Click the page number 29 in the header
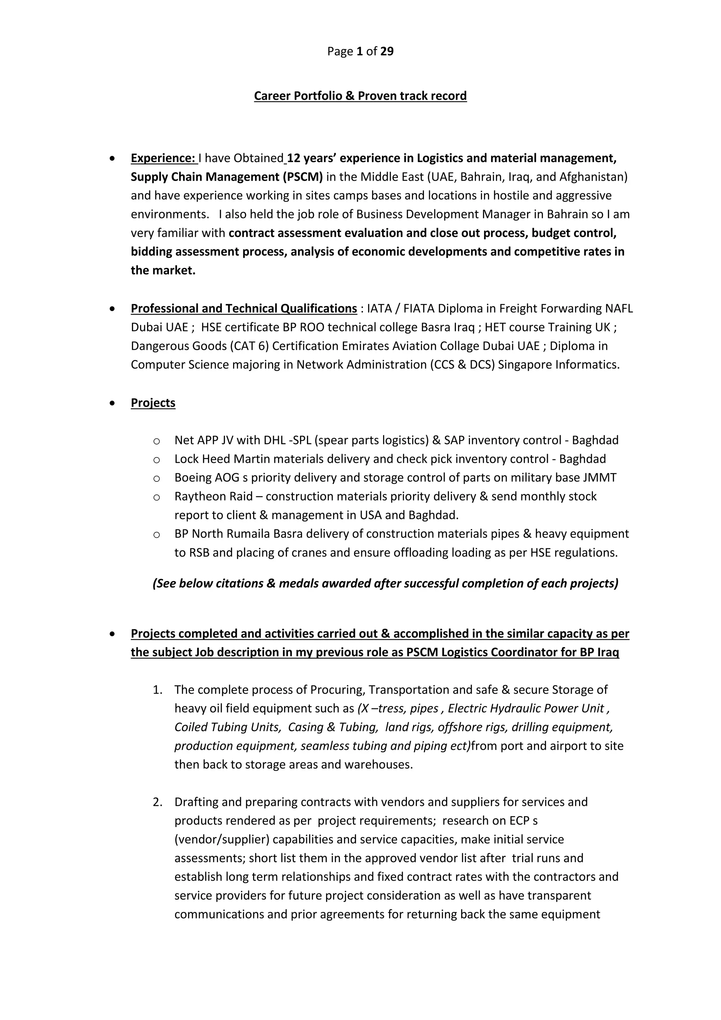(x=387, y=51)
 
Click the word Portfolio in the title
(x=318, y=96)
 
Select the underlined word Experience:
(x=163, y=158)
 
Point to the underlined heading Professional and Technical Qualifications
(x=244, y=308)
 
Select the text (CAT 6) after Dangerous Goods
(x=252, y=346)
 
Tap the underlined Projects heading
(x=153, y=403)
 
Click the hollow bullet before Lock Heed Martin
(x=156, y=459)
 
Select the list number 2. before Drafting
(x=158, y=802)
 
